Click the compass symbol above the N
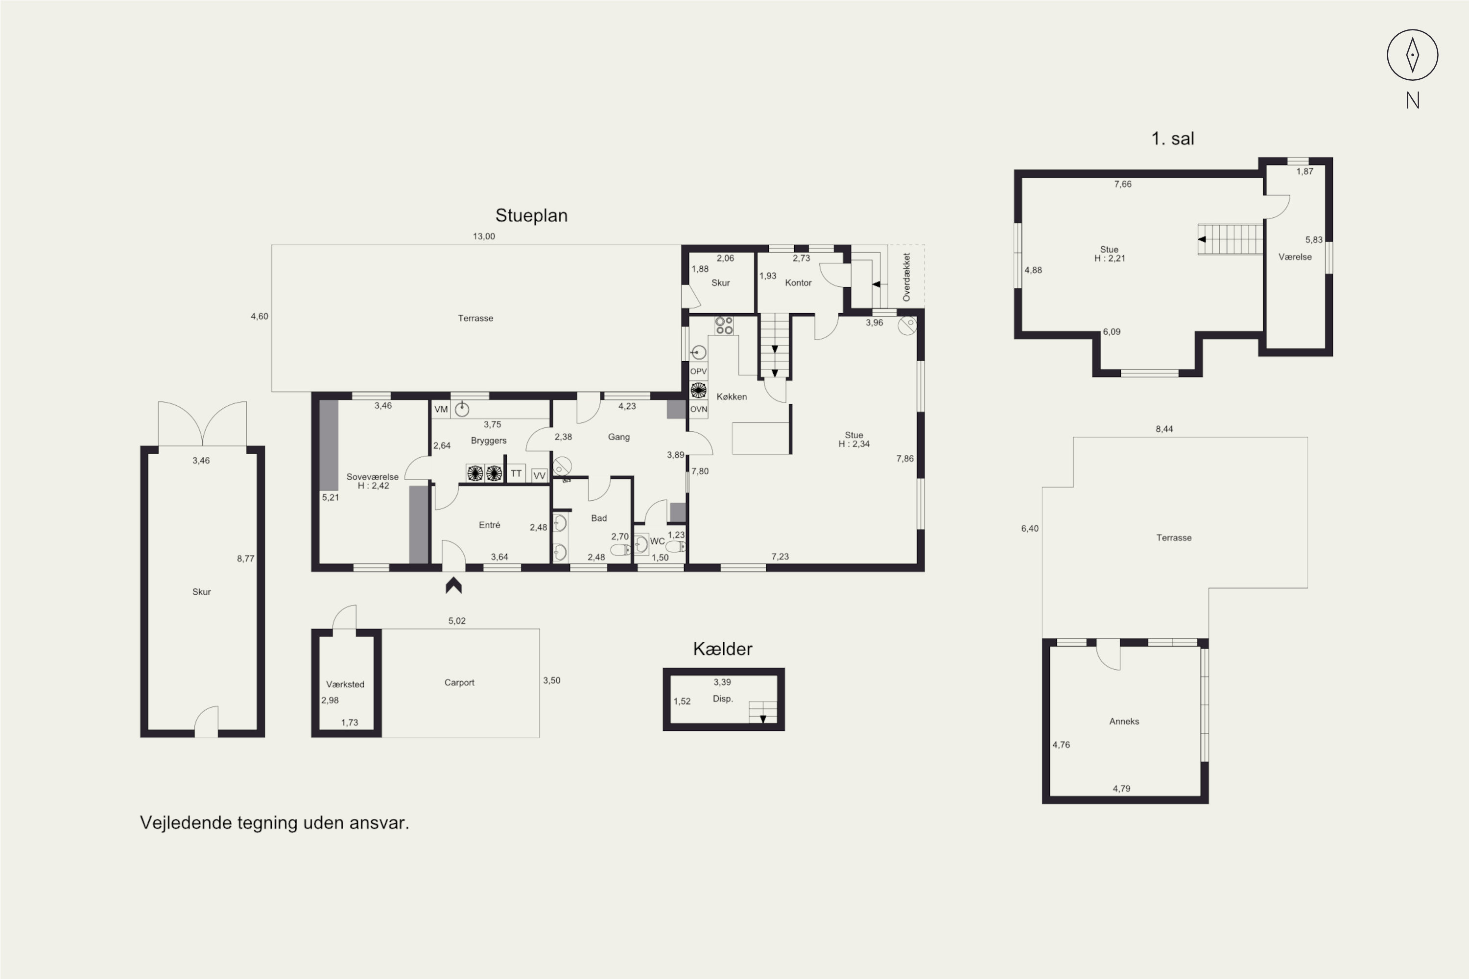[x=1413, y=55]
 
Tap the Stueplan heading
[x=531, y=215]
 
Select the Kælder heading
[x=723, y=649]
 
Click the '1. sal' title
[x=1172, y=139]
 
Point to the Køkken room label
[x=732, y=396]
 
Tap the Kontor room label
[x=798, y=283]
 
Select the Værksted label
[x=345, y=684]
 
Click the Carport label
[x=459, y=682]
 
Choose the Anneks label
[x=1124, y=721]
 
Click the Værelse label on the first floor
[x=1295, y=256]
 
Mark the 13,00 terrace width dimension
[x=483, y=236]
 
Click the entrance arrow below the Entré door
[x=453, y=585]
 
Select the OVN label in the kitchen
[x=698, y=410]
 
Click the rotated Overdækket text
[x=906, y=277]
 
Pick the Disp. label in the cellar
[x=723, y=699]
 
